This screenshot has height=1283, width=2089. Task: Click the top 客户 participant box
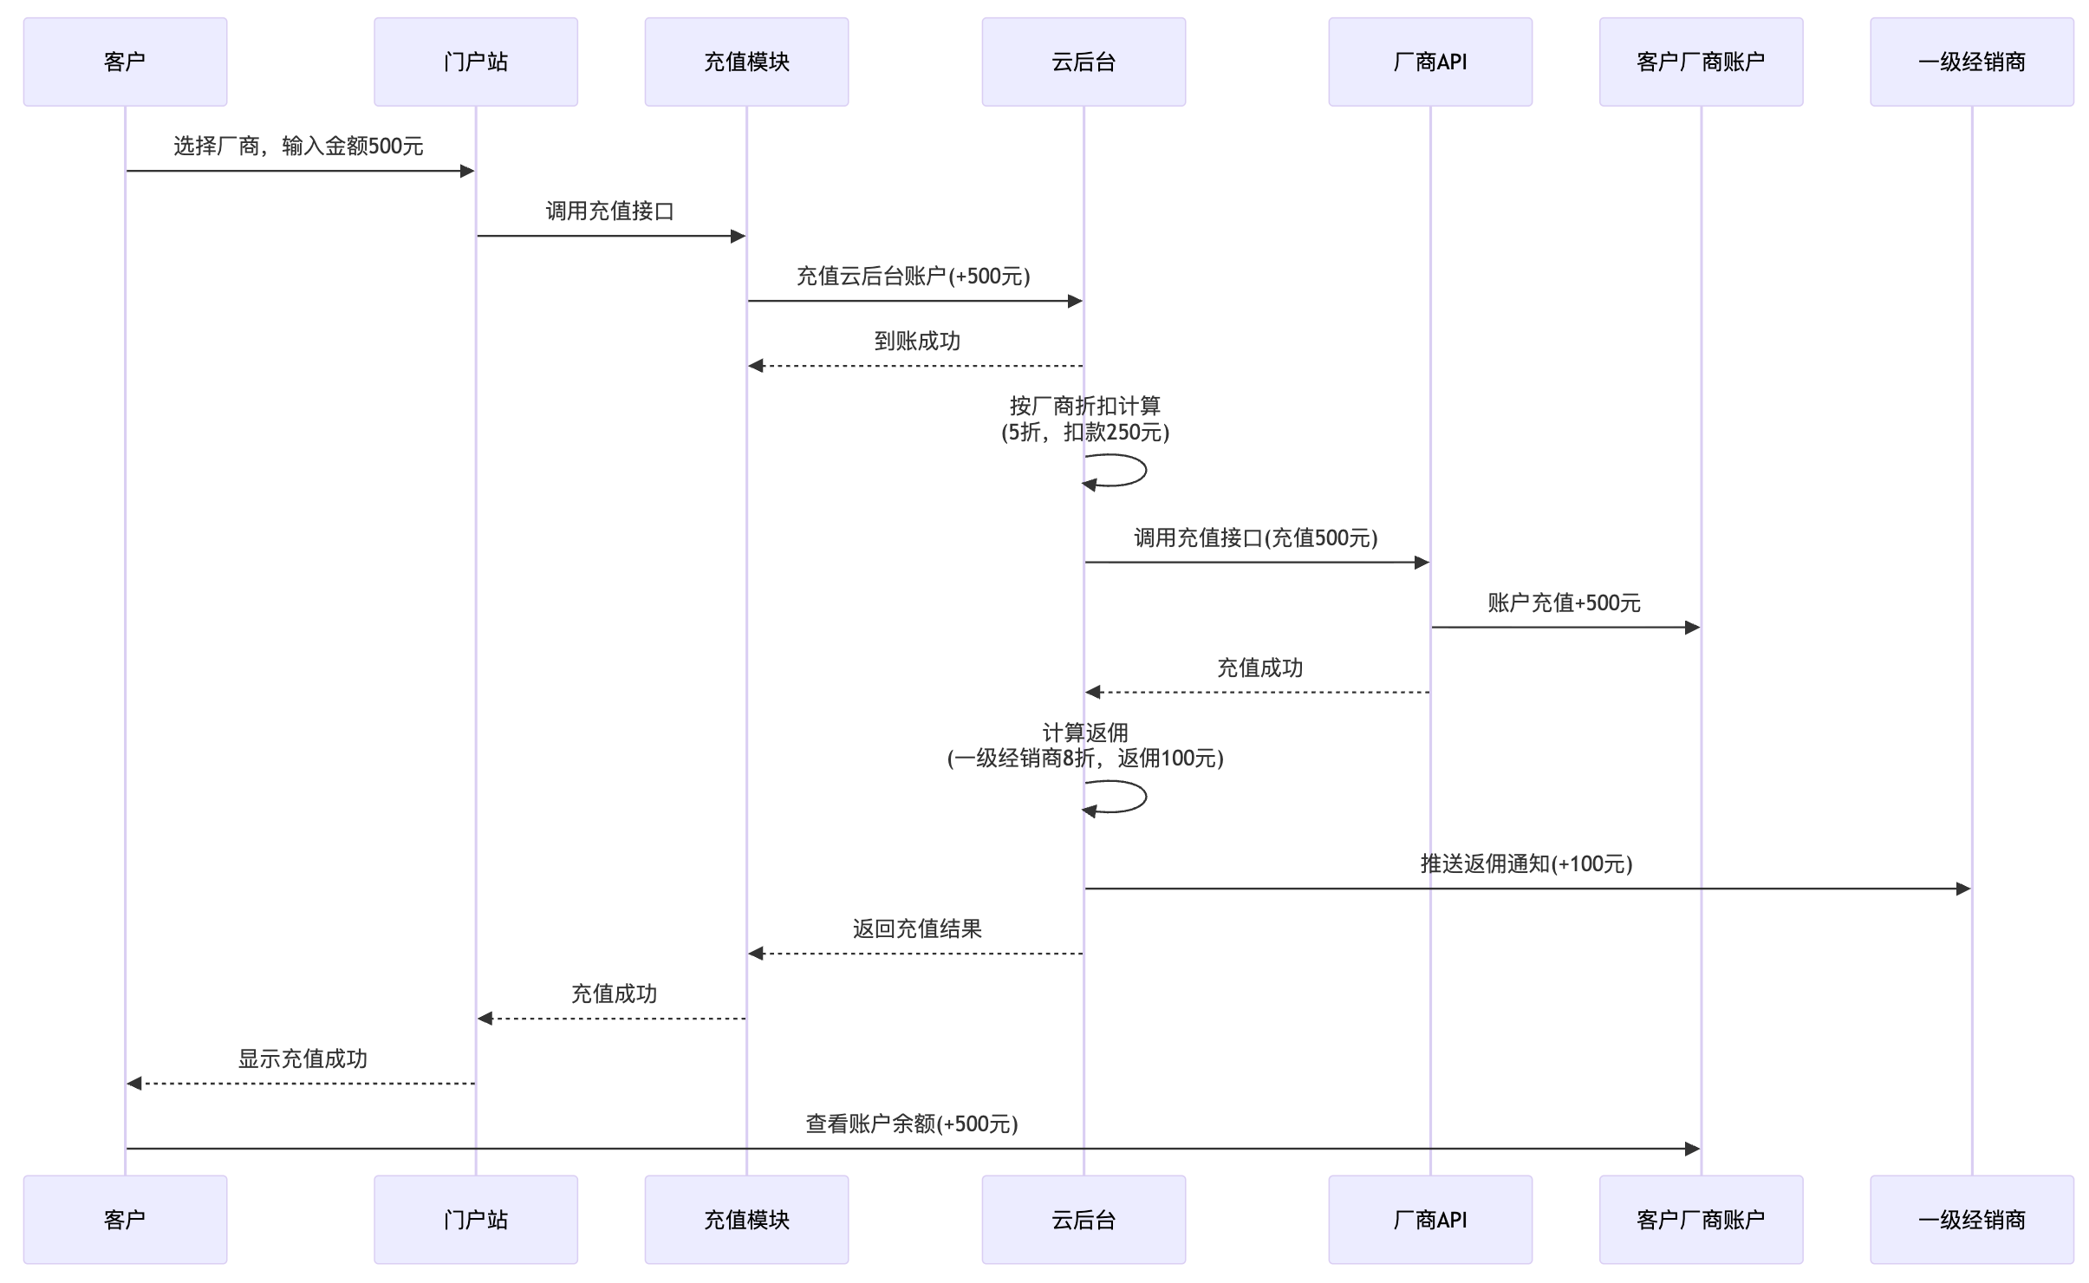[x=125, y=62]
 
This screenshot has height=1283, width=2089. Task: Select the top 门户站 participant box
[x=475, y=62]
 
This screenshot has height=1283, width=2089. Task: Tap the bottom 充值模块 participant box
[x=746, y=1219]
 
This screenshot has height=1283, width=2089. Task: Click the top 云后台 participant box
[x=1084, y=62]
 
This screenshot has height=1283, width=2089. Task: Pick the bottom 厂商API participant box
[x=1430, y=1219]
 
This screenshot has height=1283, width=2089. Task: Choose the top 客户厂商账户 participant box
[x=1701, y=62]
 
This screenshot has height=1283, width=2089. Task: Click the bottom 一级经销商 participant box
[x=1971, y=1219]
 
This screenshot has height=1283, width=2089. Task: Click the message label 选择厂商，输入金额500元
[x=298, y=146]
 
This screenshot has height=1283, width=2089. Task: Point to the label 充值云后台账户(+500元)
[x=914, y=276]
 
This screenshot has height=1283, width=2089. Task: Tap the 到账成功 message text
[x=917, y=341]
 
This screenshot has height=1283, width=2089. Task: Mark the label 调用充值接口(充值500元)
[x=1256, y=537]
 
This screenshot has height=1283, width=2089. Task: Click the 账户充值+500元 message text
[x=1565, y=602]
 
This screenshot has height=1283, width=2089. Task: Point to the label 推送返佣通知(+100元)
[x=1526, y=863]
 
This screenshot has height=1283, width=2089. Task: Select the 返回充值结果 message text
[x=917, y=928]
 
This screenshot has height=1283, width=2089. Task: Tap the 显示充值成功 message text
[x=303, y=1058]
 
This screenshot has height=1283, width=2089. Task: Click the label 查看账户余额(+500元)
[x=912, y=1123]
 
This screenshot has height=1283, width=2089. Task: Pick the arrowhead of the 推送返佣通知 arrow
[x=1963, y=889]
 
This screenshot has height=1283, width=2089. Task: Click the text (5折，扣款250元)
[x=1085, y=432]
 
